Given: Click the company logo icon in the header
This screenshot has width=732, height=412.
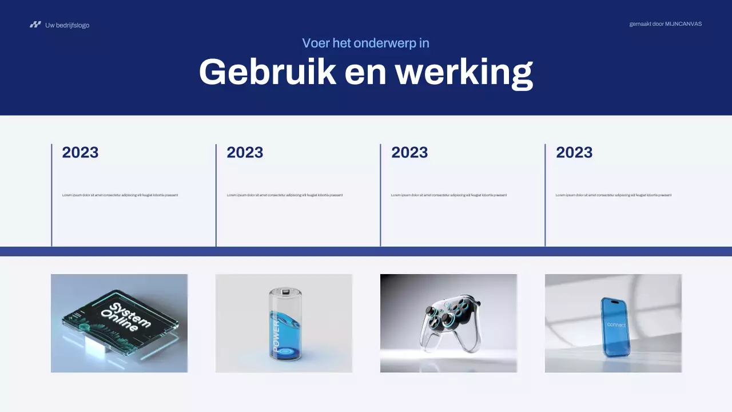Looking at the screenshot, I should click(x=35, y=25).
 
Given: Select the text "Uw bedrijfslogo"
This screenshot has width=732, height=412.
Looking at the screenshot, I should click(x=67, y=25).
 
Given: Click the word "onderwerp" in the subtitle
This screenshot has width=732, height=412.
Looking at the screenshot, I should click(x=386, y=43).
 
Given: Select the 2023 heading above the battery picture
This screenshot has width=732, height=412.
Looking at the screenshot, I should click(x=245, y=152).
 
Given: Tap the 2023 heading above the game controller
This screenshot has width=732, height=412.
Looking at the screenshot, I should click(x=409, y=152).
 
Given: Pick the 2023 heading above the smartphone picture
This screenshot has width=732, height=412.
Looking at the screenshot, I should click(x=574, y=152).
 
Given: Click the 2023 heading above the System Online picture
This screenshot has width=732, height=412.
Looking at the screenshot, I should click(x=80, y=152).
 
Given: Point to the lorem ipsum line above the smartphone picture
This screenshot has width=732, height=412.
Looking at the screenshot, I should click(x=614, y=195).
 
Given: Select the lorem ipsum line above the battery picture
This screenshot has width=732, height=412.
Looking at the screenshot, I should click(x=285, y=195).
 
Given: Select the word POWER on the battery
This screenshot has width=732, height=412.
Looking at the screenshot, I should click(x=276, y=336).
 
